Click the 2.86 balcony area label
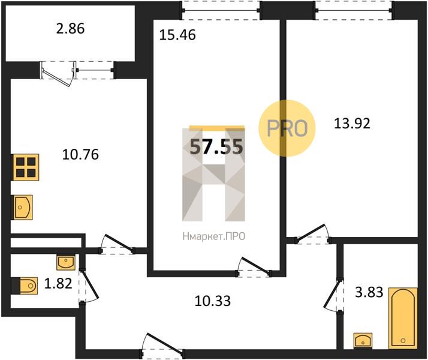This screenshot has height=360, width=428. coord(70,29)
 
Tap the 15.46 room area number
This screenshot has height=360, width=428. coord(177,35)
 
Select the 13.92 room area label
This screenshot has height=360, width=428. coord(352,124)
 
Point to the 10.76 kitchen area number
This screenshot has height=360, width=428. coord(80,155)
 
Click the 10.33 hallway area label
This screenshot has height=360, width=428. coord(213,301)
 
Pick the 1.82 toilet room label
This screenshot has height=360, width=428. coord(58,284)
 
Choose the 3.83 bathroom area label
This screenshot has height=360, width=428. coord(369,292)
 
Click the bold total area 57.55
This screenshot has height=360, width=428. coord(216,147)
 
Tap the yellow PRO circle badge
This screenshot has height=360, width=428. coord(287,128)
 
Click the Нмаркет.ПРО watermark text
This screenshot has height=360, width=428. coord(214,236)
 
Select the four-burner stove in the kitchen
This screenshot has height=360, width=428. coord(25,167)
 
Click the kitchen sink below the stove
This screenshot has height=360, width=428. coord(22,208)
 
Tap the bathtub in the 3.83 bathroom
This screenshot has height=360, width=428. coord(403,318)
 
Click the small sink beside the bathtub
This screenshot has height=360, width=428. coord(363,340)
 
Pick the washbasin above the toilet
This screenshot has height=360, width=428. coord(66,262)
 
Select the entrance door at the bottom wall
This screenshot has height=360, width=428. coord(162,346)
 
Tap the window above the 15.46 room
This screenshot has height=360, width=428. coord(221,11)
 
